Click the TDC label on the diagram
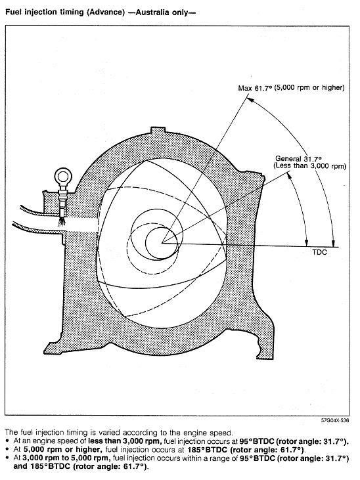(319, 252)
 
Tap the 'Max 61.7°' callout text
(255, 88)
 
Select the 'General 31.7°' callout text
(298, 158)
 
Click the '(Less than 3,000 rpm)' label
(309, 166)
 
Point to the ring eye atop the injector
(63, 177)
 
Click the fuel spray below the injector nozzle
(62, 221)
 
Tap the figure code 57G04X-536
(334, 420)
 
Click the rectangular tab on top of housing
(159, 130)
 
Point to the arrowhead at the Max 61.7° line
(250, 100)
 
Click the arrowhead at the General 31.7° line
(288, 175)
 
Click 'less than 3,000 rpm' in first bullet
(125, 441)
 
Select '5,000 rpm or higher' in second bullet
(62, 449)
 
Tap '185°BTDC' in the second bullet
(208, 449)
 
